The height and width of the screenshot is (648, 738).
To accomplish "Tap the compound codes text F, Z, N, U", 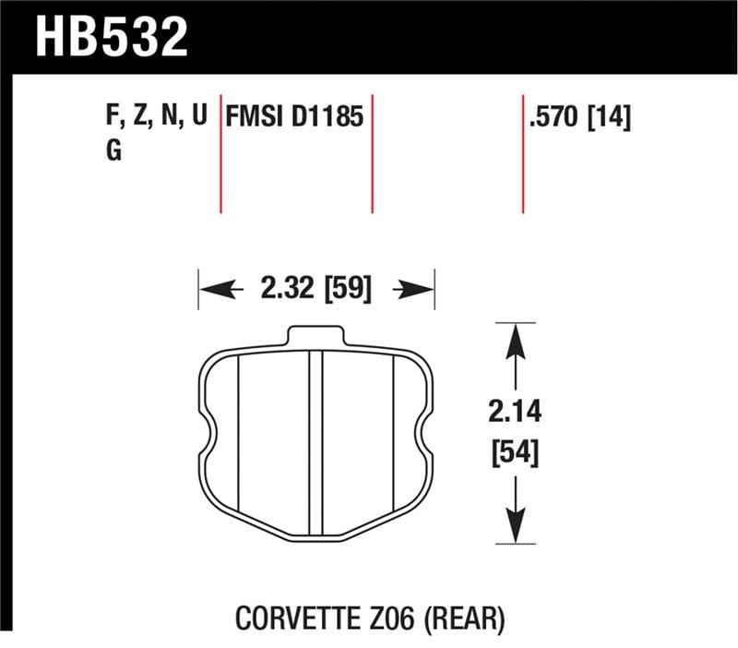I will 155,118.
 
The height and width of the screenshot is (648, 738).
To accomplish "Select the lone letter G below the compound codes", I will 113,151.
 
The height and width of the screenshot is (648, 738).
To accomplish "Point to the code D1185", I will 328,118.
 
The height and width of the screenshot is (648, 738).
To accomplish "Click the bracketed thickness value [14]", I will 610,118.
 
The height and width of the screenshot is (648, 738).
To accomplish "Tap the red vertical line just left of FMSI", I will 221,152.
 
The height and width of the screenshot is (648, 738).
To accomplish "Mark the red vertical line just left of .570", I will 523,152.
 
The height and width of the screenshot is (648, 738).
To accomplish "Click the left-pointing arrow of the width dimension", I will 214,290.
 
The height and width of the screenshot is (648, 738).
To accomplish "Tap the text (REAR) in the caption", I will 462,618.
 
